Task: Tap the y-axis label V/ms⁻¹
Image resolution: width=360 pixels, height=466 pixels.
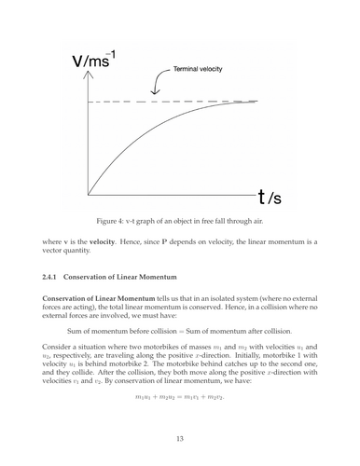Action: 97,62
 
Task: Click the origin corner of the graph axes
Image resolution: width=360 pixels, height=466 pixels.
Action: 89,195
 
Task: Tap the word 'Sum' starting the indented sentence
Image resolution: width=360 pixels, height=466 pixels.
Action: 76,330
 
